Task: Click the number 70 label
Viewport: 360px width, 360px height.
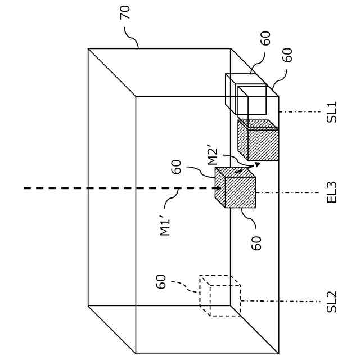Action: (x=124, y=12)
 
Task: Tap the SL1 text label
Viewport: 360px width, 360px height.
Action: (x=332, y=112)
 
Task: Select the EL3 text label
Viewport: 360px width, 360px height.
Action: (x=332, y=192)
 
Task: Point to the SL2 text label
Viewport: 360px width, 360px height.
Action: (x=332, y=301)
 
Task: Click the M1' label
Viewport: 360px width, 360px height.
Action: (x=166, y=224)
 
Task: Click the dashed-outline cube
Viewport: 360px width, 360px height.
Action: (x=220, y=295)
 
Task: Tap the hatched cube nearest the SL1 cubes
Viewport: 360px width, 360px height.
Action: (x=258, y=140)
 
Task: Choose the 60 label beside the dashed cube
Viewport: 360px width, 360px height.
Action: (x=161, y=281)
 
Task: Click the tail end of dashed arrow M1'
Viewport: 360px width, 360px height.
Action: (x=25, y=188)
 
